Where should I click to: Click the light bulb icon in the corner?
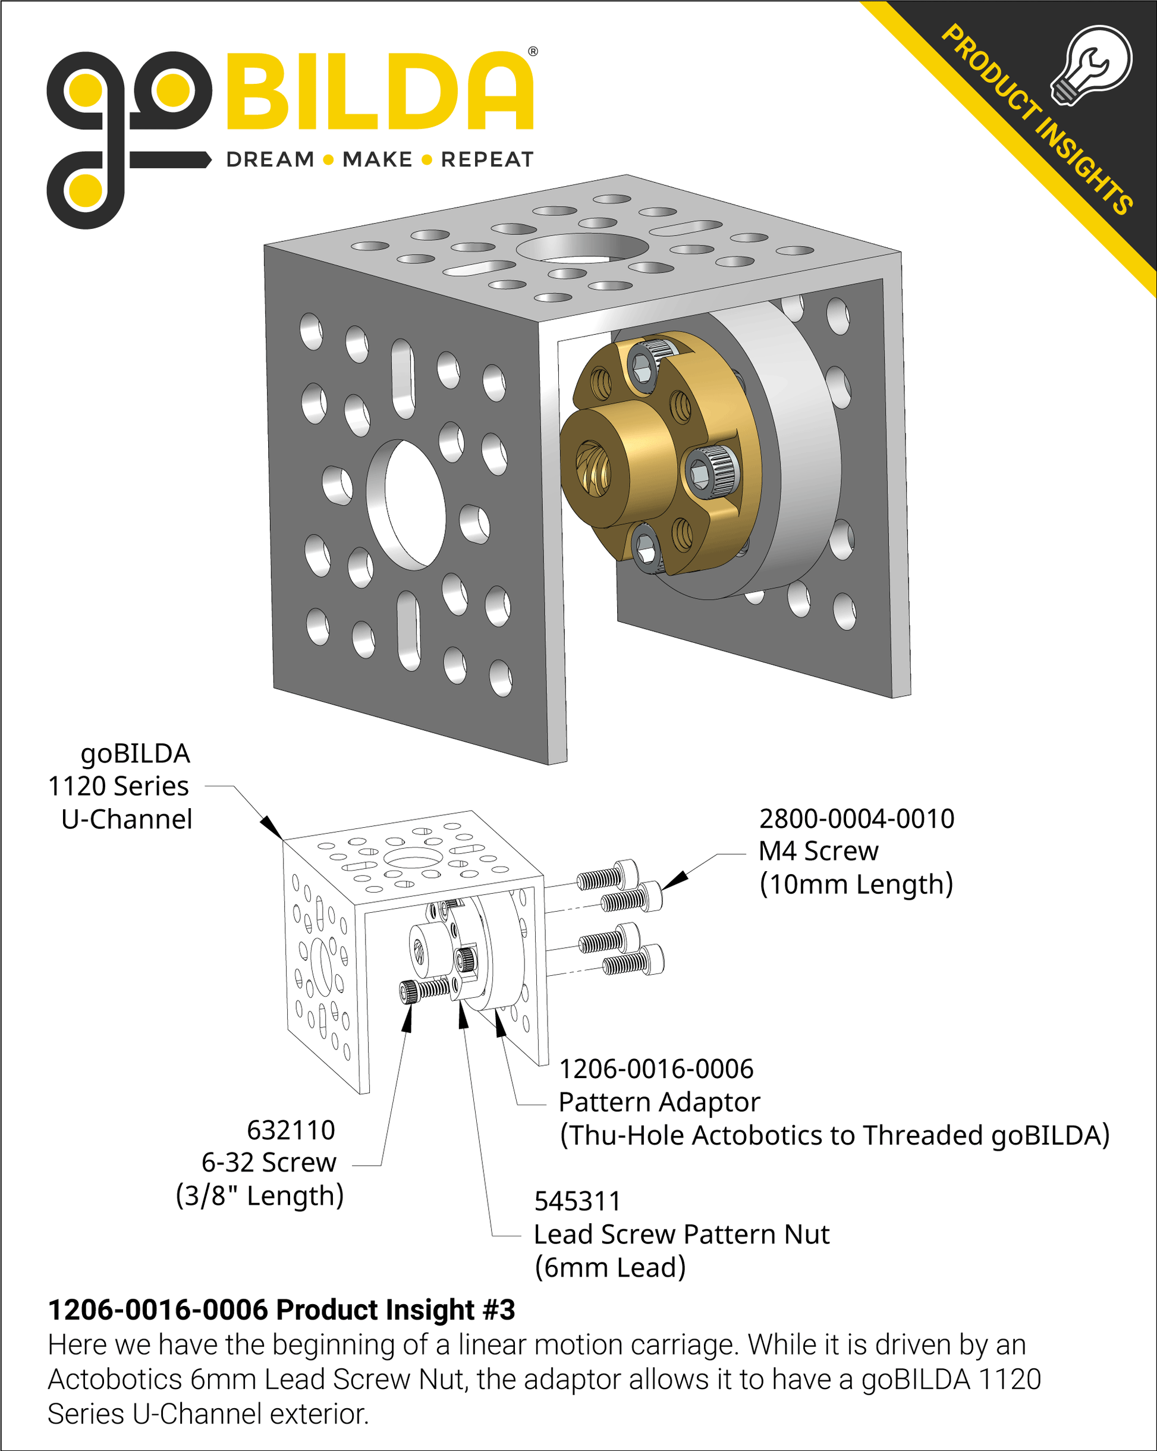1092,65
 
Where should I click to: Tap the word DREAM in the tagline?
271,159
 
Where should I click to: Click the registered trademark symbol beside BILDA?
533,51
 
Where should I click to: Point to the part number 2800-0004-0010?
857,818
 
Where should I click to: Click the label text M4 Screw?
819,852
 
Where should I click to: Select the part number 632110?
291,1130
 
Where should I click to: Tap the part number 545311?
577,1201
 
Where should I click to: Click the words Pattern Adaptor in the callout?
659,1103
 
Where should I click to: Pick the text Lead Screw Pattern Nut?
681,1235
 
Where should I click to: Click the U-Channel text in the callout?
127,819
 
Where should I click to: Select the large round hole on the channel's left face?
406,505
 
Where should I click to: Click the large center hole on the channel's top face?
582,247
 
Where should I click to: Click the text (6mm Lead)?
610,1268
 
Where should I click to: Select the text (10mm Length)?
856,884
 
